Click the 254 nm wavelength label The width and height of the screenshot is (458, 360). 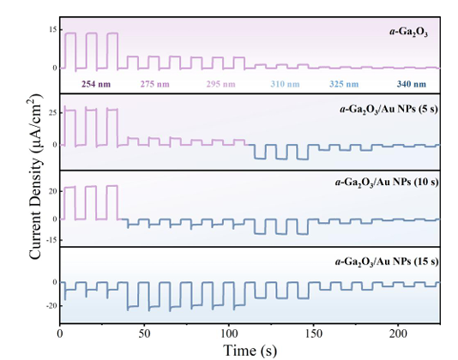click(96, 84)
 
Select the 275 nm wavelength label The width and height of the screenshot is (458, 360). click(154, 84)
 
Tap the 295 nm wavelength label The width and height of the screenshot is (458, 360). click(220, 84)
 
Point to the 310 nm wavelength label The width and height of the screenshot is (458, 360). click(285, 84)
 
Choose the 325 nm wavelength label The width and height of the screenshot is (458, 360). click(344, 84)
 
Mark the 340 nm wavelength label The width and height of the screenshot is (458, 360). click(412, 84)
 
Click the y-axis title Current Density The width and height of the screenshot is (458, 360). click(35, 177)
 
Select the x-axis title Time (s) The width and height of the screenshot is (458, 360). click(250, 350)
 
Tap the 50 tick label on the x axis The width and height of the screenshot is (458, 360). click(144, 333)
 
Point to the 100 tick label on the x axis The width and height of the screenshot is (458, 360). click(229, 333)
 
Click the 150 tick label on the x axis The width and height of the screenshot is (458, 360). click(313, 333)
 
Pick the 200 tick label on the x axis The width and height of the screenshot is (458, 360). click(398, 333)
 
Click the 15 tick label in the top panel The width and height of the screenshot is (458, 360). click(53, 30)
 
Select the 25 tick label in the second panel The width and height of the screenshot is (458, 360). click(52, 112)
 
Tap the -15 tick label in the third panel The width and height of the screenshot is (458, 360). click(51, 240)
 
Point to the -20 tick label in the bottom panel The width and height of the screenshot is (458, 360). click(51, 306)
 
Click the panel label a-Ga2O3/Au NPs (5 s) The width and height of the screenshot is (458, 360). click(389, 110)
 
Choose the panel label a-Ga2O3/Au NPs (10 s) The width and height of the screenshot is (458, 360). click(387, 183)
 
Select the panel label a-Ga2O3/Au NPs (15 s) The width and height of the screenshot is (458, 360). click(387, 262)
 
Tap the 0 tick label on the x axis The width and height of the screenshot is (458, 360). click(60, 333)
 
